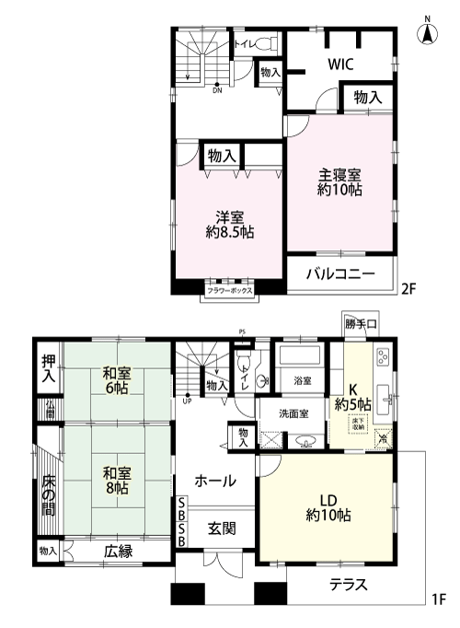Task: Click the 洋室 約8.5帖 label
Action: (229, 226)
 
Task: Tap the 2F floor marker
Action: (409, 287)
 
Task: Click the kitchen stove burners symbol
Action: (384, 357)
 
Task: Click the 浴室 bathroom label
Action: (302, 380)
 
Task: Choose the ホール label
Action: (214, 480)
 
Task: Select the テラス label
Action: (349, 584)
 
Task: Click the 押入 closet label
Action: (49, 367)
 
